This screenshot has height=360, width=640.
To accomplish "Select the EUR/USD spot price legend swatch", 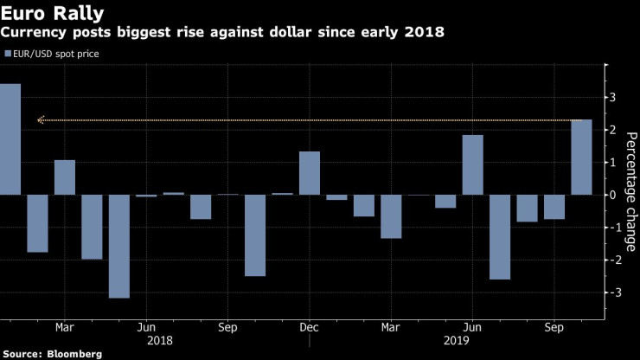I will point(8,54).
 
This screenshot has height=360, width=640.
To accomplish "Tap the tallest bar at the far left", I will point(10,138).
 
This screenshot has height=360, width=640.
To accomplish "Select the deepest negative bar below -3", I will point(119,246).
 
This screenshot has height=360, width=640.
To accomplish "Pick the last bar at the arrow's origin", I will point(581,157).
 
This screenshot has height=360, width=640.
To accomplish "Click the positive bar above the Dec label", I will point(310,173).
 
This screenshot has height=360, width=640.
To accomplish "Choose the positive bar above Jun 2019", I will point(472,164).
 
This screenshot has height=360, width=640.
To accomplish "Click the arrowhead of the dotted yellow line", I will point(41,120).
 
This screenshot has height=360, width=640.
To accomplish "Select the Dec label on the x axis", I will point(310,328).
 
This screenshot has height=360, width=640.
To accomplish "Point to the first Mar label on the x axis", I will point(65,328).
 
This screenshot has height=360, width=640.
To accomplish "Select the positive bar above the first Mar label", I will point(65,177).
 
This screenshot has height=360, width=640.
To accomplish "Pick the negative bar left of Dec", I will point(255,235).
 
